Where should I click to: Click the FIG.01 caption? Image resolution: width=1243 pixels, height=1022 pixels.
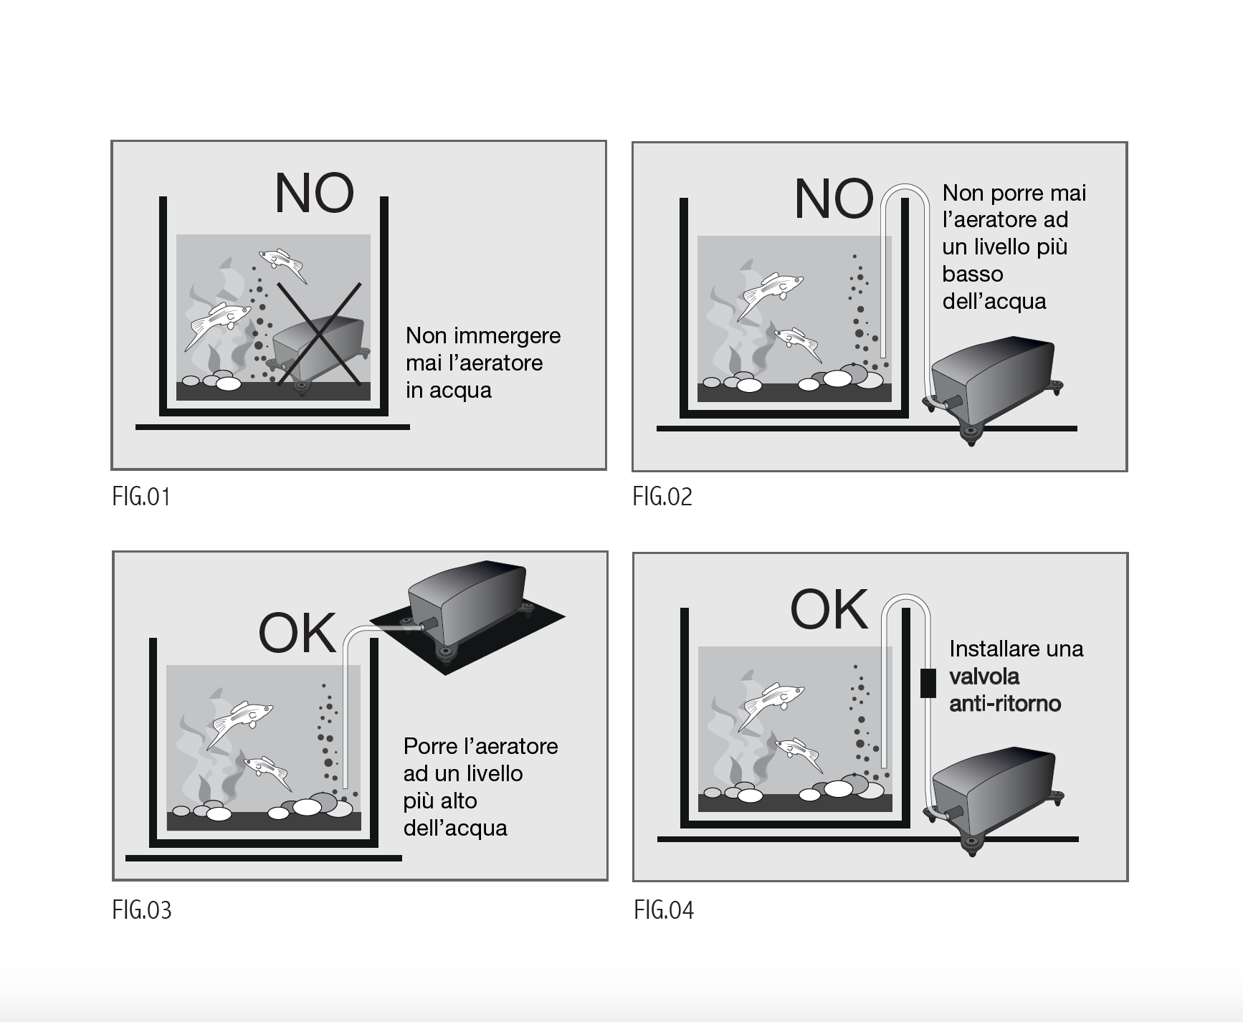141,497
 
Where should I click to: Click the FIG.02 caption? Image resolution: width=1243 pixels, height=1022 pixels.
662,497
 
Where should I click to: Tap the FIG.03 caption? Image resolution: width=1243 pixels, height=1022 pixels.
142,910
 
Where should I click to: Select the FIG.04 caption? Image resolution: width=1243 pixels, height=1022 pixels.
664,910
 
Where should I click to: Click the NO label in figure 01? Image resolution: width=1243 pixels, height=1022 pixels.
314,194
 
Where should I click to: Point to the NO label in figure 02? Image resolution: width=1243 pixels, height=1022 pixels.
834,199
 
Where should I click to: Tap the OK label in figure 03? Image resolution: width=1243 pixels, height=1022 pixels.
297,633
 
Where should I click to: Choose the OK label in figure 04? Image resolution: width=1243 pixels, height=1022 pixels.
829,610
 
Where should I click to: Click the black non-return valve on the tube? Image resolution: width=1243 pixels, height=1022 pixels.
928,683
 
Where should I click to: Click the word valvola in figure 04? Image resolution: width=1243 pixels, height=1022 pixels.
984,677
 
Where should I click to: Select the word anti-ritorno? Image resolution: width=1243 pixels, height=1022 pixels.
1005,704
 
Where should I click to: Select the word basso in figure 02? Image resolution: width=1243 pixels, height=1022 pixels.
972,274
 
